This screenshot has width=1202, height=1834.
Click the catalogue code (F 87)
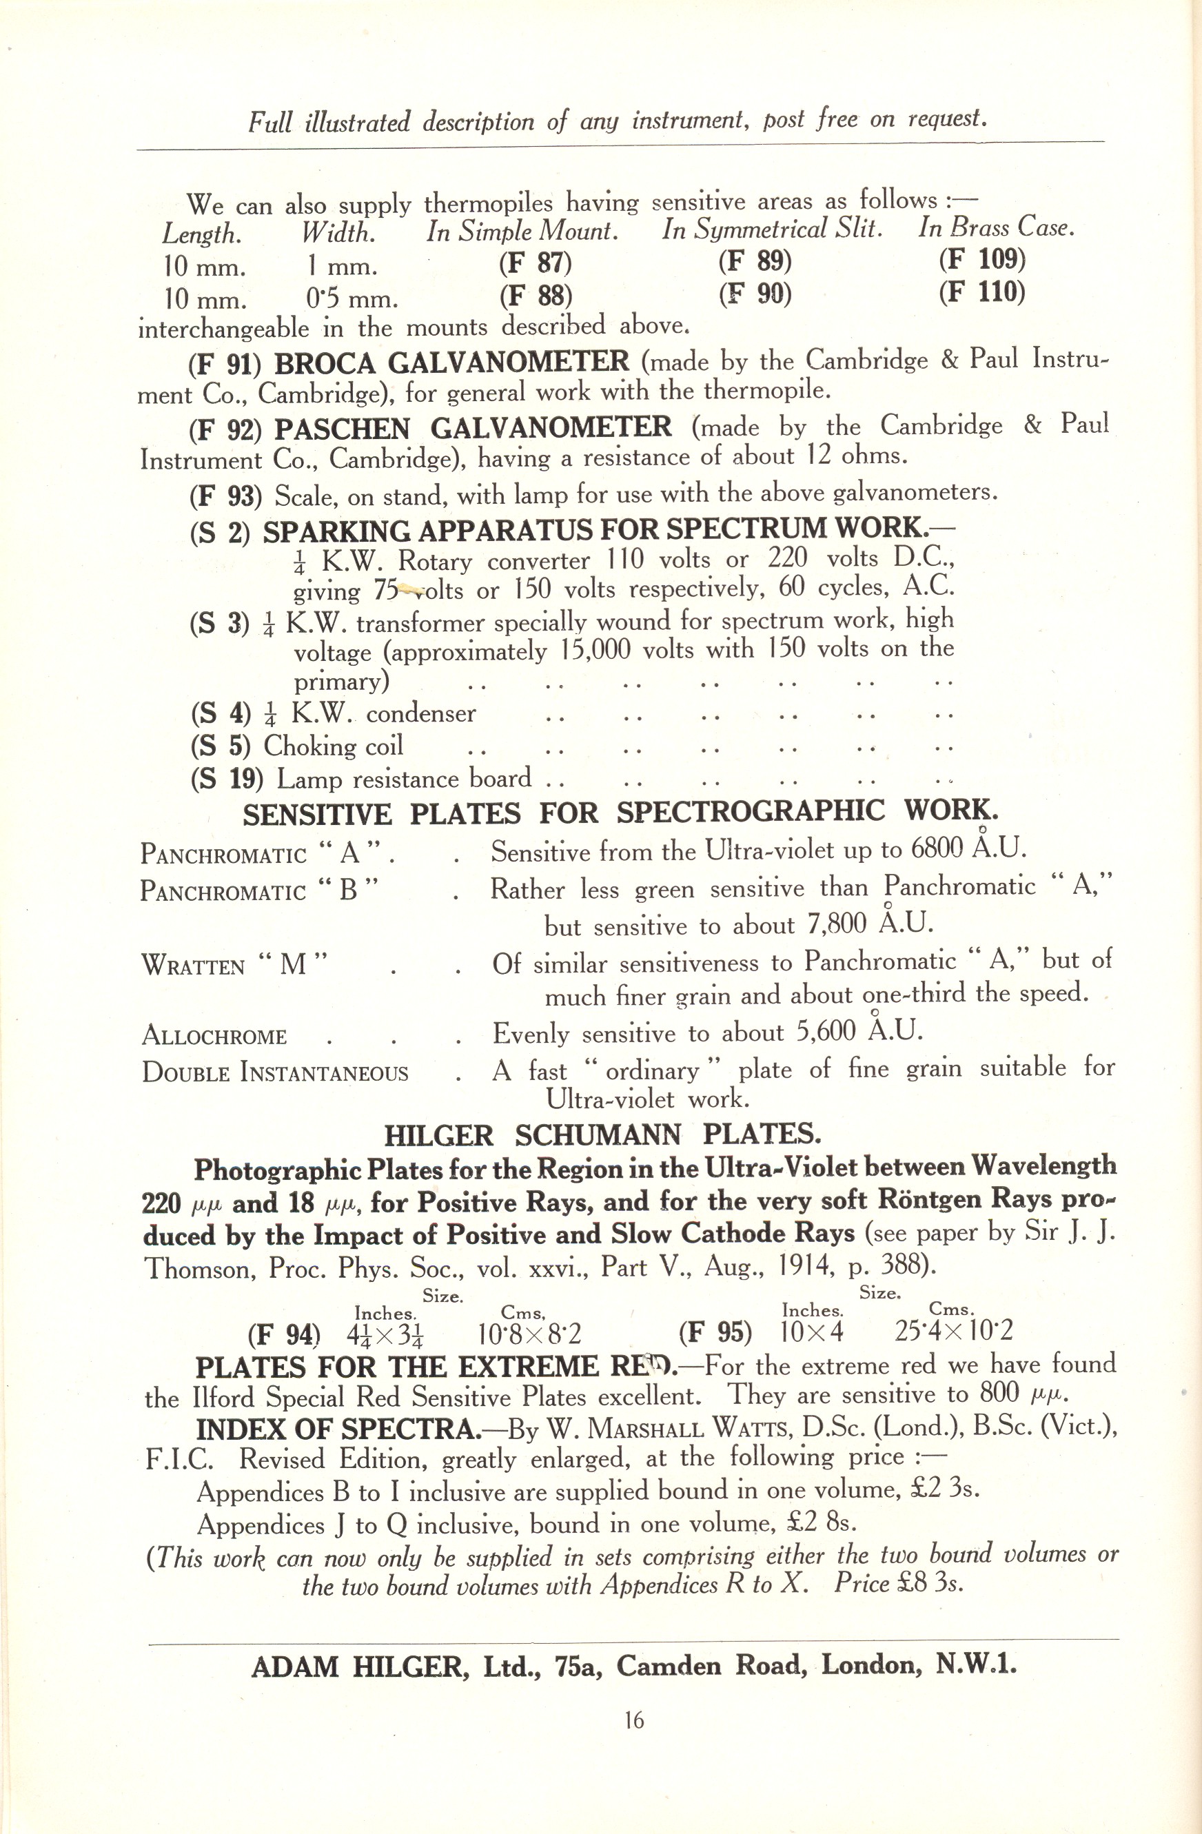[x=536, y=263]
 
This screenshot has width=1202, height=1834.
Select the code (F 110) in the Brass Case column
[x=981, y=292]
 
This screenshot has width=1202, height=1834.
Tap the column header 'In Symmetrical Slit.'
[x=772, y=230]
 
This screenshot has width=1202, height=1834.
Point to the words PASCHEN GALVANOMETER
[x=473, y=428]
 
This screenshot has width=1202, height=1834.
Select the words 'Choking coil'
[x=333, y=746]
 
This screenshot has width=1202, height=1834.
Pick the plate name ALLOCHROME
[x=214, y=1037]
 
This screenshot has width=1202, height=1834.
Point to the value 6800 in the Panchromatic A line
[x=935, y=849]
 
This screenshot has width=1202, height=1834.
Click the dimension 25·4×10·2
[x=954, y=1331]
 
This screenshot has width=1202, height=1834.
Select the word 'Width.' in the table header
[x=338, y=233]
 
